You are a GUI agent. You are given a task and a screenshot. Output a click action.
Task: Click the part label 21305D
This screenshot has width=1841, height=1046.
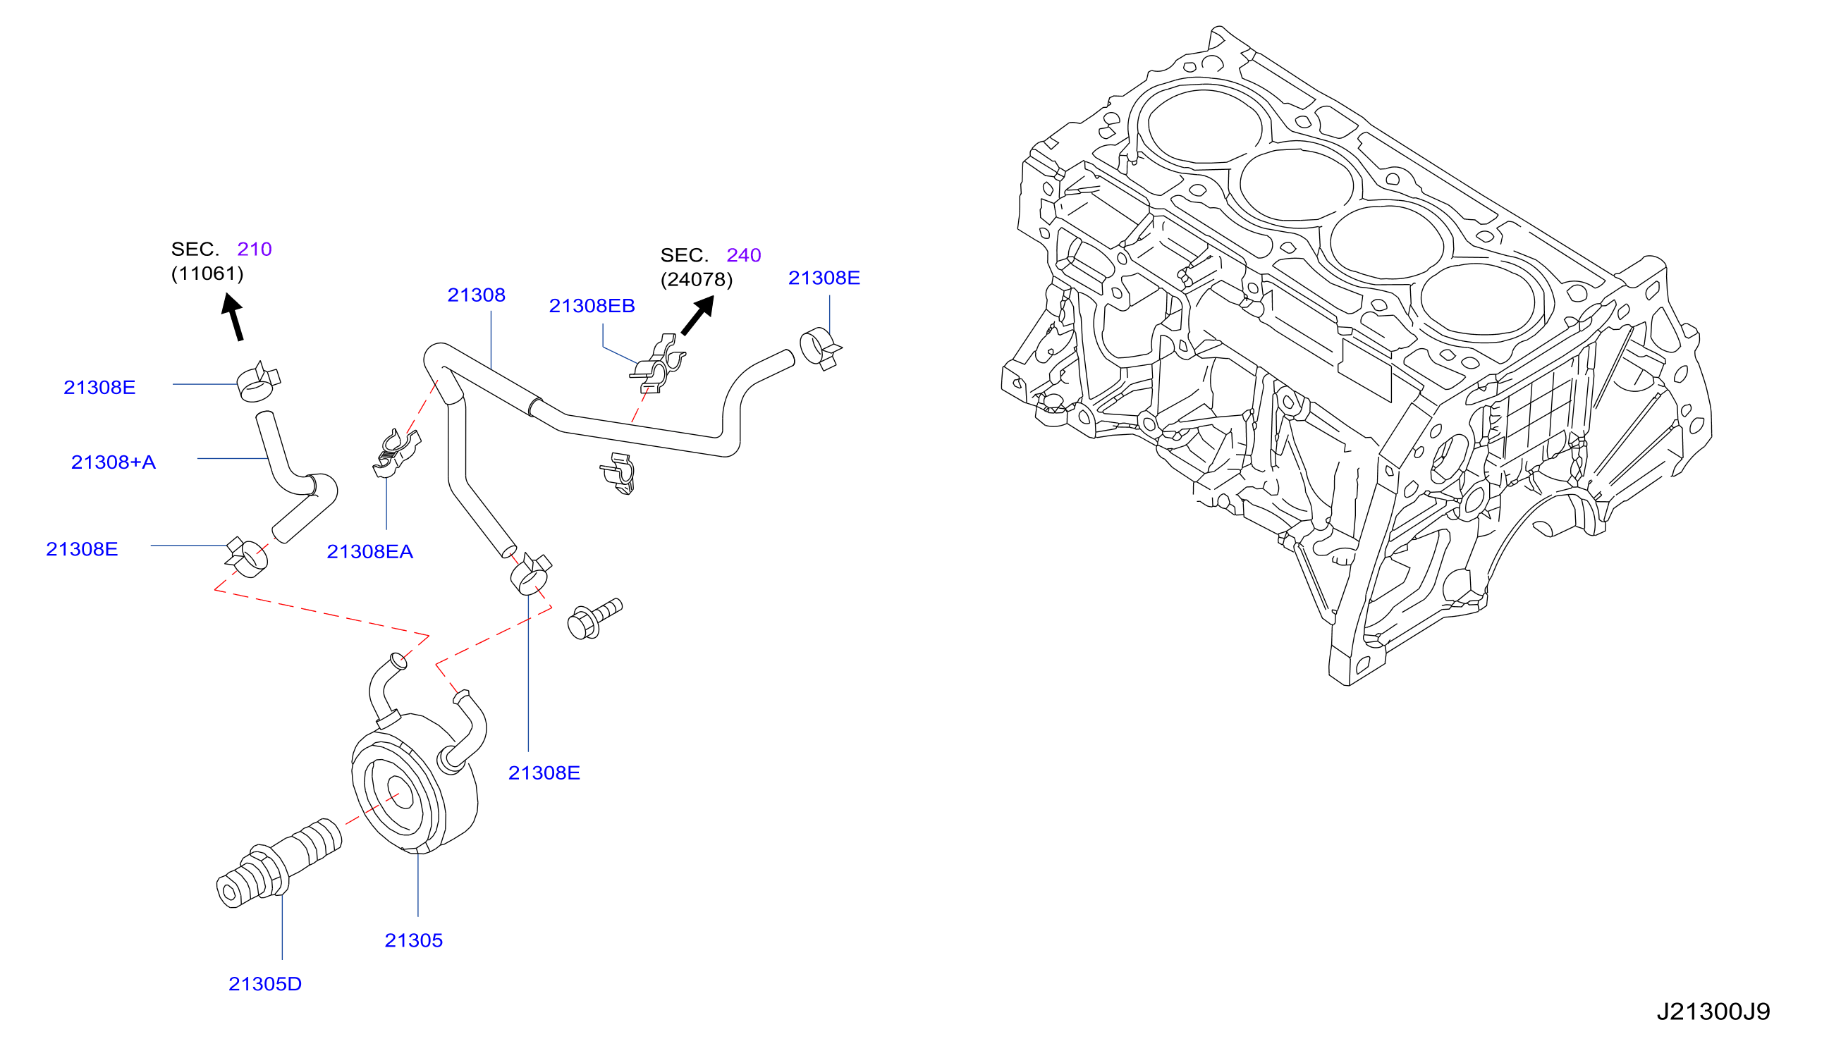264,983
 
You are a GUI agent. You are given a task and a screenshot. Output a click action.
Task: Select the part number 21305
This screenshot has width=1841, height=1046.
413,940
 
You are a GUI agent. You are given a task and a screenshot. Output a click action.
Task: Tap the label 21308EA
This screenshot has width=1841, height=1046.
369,552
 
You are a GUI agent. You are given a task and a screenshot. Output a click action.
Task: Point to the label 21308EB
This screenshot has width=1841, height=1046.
592,306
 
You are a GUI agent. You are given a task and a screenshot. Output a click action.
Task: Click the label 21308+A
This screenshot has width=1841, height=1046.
113,462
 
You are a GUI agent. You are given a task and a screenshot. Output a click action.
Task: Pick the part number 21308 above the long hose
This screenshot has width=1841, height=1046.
476,295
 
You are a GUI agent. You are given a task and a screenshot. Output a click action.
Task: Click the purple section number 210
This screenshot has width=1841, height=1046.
255,250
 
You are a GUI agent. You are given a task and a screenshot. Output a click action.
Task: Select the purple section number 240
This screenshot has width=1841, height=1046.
744,255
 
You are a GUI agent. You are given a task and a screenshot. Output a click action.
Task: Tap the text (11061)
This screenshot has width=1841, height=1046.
207,273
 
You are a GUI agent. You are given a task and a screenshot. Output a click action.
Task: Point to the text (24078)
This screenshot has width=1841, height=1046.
697,279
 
